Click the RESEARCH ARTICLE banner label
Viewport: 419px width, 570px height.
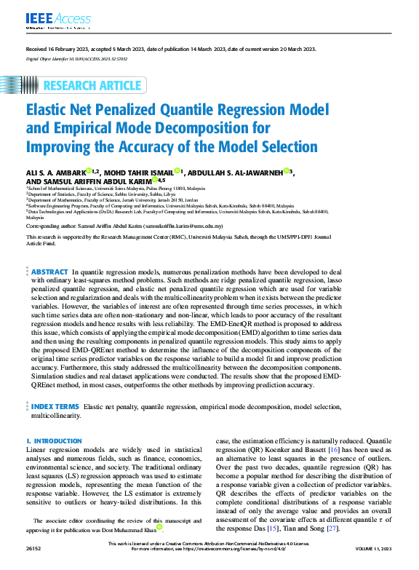[92, 86]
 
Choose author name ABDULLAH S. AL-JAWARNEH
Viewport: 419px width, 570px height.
[236, 172]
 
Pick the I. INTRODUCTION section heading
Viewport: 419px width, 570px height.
[54, 442]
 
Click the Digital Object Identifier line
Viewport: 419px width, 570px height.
[77, 58]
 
